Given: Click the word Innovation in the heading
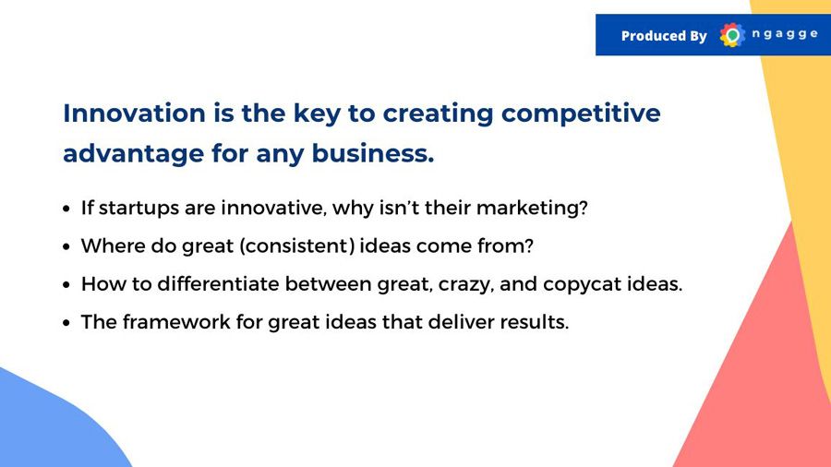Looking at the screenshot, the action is (134, 114).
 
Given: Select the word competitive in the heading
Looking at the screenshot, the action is (581, 114).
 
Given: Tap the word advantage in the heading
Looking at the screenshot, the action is (134, 154).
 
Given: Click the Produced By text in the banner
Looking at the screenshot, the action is (664, 36).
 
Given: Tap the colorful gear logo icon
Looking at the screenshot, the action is (732, 35).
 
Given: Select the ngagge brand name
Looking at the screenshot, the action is (785, 34).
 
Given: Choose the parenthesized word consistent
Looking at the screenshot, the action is (297, 246).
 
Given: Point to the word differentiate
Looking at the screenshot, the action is (218, 284).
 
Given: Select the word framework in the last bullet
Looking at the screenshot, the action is (176, 322).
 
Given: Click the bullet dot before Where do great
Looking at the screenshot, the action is (66, 246).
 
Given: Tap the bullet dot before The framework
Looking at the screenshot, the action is (66, 322).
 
